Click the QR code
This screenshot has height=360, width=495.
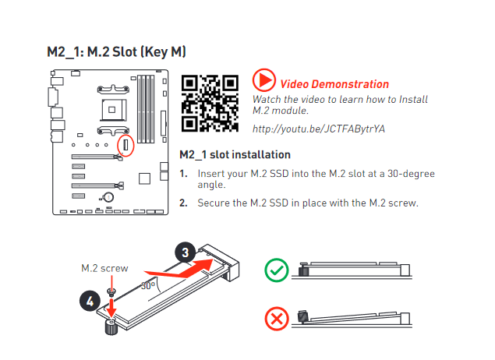pyautogui.click(x=210, y=103)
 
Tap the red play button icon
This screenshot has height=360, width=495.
pyautogui.click(x=264, y=80)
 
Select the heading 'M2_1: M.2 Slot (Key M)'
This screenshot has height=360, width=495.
pyautogui.click(x=116, y=51)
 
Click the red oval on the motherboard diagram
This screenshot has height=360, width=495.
pyautogui.click(x=126, y=145)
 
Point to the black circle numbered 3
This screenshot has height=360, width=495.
pyautogui.click(x=186, y=252)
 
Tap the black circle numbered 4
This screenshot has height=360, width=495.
pyautogui.click(x=90, y=301)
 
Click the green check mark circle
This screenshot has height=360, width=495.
pyautogui.click(x=277, y=270)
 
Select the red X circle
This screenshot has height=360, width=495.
pyautogui.click(x=277, y=319)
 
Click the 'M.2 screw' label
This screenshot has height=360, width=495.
pyautogui.click(x=104, y=268)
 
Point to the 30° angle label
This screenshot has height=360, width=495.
pyautogui.click(x=148, y=285)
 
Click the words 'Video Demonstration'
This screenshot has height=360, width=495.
pyautogui.click(x=334, y=84)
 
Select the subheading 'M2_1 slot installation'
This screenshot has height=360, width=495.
pyautogui.click(x=235, y=154)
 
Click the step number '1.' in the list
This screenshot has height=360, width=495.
pyautogui.click(x=183, y=174)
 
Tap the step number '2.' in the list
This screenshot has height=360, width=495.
pyautogui.click(x=183, y=203)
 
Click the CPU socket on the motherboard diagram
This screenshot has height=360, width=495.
pyautogui.click(x=113, y=110)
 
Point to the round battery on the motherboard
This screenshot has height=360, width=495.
pyautogui.click(x=108, y=197)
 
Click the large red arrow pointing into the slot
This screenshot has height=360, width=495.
pyautogui.click(x=179, y=268)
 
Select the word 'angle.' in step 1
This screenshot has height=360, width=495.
pyautogui.click(x=211, y=185)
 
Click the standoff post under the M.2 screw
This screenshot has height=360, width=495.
pyautogui.click(x=111, y=326)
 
